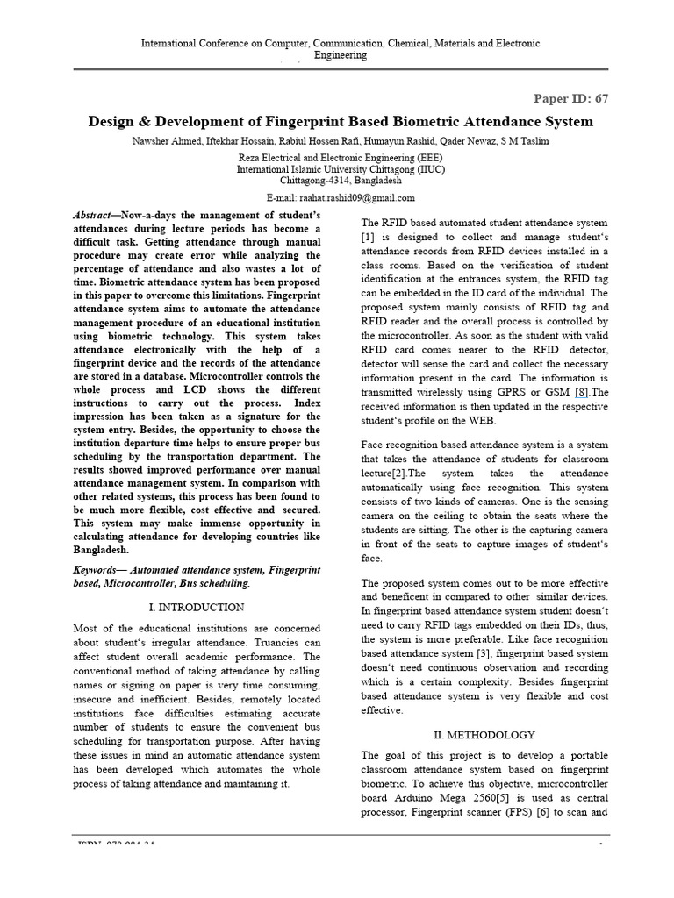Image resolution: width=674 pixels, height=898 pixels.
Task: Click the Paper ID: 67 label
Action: click(571, 98)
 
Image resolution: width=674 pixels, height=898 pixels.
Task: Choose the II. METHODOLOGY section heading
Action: click(484, 734)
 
